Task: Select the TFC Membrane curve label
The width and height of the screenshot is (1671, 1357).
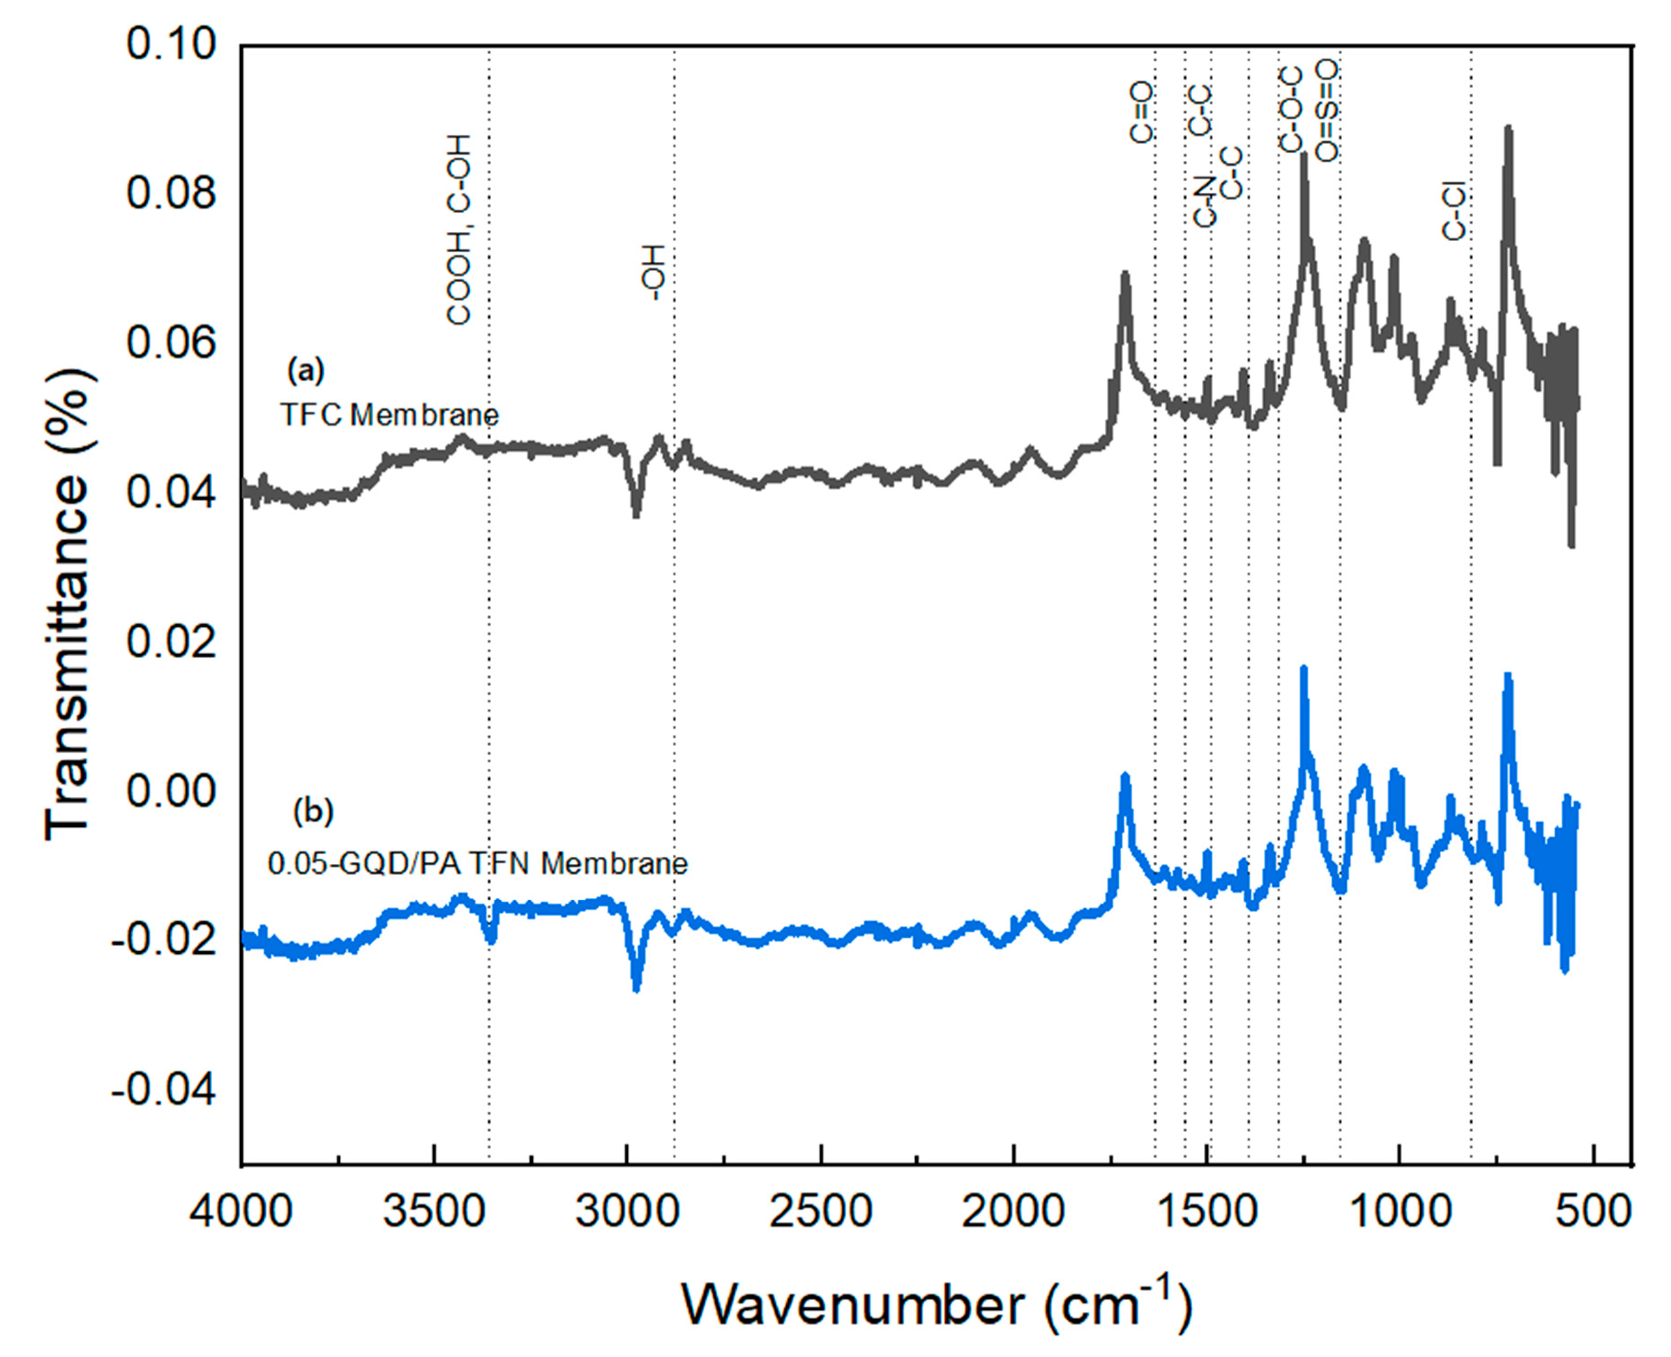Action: click(x=389, y=414)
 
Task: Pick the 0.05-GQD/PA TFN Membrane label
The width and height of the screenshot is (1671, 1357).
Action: click(x=477, y=864)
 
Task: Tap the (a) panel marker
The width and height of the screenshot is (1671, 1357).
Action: click(x=306, y=371)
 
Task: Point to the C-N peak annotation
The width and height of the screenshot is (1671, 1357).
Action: click(x=1205, y=202)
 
